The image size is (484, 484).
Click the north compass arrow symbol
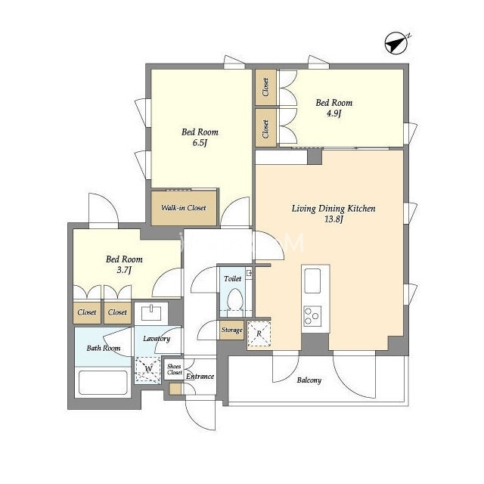396,44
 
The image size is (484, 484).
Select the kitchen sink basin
312,281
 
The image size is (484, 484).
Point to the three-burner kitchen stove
312,316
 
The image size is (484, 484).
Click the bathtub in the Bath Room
103,382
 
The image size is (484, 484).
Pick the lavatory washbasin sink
151,312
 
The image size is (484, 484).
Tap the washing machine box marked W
148,369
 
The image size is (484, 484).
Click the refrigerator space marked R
259,334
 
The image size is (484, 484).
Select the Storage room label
231,330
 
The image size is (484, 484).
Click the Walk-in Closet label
183,208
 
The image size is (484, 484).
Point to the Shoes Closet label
175,369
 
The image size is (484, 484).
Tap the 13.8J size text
334,219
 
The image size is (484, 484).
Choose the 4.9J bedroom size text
334,113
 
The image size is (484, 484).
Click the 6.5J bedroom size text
200,143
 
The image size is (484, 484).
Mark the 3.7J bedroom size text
124,270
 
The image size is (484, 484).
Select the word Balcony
309,380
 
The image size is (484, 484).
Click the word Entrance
200,377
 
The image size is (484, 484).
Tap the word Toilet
232,279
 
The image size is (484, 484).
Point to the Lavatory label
157,339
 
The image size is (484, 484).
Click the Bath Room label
104,348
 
